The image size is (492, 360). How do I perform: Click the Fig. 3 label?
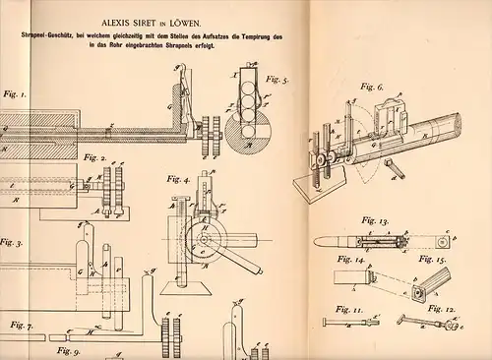[x=12, y=239]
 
